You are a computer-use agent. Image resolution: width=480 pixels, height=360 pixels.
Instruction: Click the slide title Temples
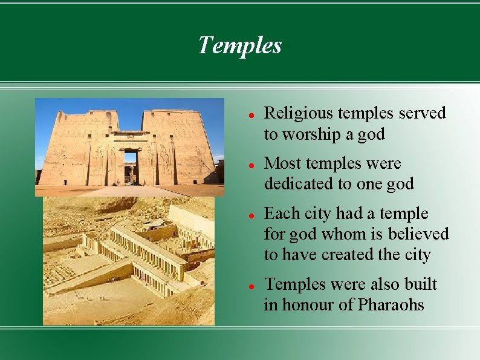[240, 45]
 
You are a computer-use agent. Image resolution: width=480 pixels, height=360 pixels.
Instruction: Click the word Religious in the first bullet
[290, 114]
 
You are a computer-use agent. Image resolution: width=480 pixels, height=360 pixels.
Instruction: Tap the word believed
[420, 234]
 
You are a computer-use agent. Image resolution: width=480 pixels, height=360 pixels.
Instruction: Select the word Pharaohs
[391, 305]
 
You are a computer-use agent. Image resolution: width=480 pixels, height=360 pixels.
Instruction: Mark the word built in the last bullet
[421, 284]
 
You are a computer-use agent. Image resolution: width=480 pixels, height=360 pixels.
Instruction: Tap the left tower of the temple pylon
[82, 148]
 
